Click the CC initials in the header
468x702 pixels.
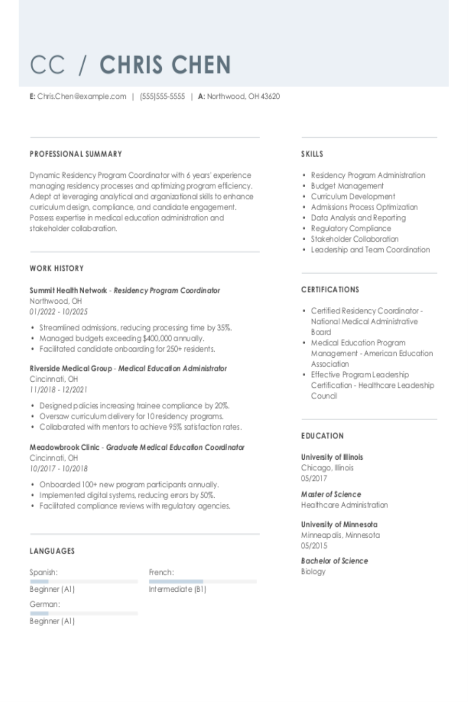click(48, 65)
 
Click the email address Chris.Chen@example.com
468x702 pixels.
click(82, 96)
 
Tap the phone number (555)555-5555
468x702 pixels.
click(162, 96)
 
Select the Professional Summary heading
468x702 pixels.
click(76, 154)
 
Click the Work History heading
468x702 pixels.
click(57, 268)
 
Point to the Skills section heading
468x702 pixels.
click(312, 154)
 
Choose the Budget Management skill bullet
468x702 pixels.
click(347, 186)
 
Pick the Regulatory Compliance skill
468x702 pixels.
click(350, 228)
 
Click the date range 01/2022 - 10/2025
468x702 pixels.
click(59, 312)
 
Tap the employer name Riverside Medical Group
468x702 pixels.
click(71, 368)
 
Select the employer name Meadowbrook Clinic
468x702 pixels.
click(64, 447)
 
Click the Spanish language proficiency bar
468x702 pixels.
click(83, 581)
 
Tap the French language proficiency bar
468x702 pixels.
click(203, 581)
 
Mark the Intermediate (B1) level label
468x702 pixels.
click(177, 589)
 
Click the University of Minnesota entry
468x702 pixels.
click(339, 524)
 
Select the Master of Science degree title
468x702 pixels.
click(331, 494)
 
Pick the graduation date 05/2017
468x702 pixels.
click(314, 478)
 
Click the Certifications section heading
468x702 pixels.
click(330, 290)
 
